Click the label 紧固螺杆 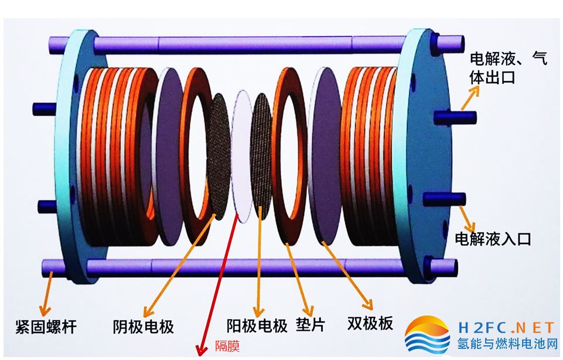pyautogui.click(x=46, y=327)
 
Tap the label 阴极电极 pyautogui.click(x=144, y=327)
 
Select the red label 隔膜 pyautogui.click(x=227, y=346)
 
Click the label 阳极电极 pyautogui.click(x=257, y=326)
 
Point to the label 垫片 pyautogui.click(x=310, y=325)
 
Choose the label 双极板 pyautogui.click(x=370, y=323)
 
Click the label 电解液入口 pyautogui.click(x=493, y=239)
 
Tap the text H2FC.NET pyautogui.click(x=506, y=328)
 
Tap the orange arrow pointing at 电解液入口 pyautogui.click(x=467, y=219)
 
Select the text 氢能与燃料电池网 pyautogui.click(x=507, y=344)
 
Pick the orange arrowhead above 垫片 pyautogui.click(x=308, y=310)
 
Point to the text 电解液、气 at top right pyautogui.click(x=509, y=59)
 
